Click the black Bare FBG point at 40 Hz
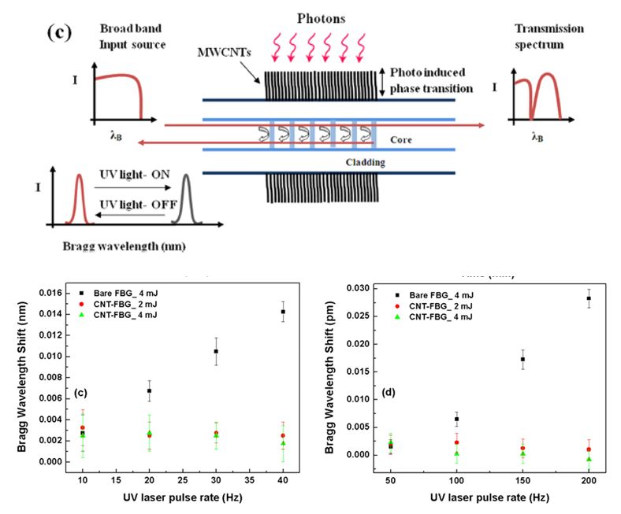282,312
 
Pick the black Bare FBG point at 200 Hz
588,298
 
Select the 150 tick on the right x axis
522,479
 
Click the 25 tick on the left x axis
182,479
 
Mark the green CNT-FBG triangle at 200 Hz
588,459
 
